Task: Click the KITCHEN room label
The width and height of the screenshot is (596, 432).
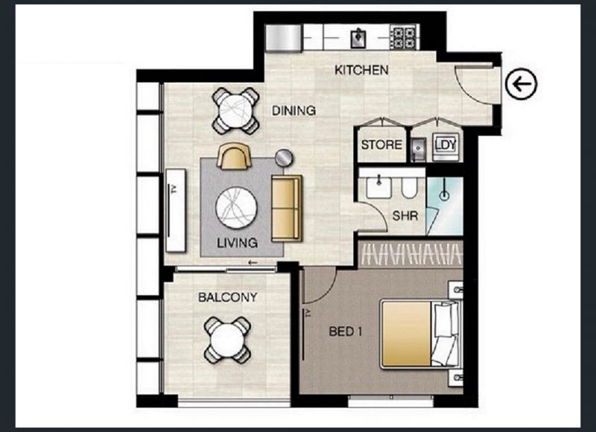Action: coord(361,70)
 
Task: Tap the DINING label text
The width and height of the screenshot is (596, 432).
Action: coord(294,110)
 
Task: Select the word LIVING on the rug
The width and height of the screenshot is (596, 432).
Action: coord(237,243)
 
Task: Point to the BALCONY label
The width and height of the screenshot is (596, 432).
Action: coord(228,297)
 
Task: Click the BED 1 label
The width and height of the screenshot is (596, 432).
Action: coord(345,331)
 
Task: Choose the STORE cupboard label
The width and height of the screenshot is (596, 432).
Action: coord(381,144)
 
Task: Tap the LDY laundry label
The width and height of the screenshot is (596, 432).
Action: coord(446,144)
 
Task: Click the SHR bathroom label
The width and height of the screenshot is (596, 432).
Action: coord(405,216)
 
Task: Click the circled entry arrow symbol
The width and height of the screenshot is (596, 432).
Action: coord(521,84)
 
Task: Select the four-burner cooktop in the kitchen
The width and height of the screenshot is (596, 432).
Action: coord(404,37)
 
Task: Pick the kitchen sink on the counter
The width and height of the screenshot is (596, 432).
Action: coord(358,38)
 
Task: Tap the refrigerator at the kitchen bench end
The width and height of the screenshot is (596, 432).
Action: coord(284,38)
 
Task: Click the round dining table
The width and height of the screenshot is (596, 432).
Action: coord(235,111)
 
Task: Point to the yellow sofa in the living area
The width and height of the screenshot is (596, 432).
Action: coord(287,209)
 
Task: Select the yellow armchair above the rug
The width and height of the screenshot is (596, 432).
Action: coord(234,156)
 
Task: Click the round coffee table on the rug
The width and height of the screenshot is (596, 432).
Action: coord(236,208)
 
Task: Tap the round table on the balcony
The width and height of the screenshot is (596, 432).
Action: coord(227,340)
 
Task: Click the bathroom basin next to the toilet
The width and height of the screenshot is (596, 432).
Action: coord(378,187)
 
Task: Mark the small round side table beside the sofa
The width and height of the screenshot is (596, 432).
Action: coord(284,158)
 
